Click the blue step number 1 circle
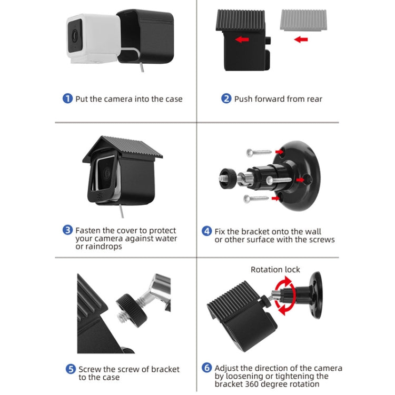pyautogui.click(x=67, y=98)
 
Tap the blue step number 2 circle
pyautogui.click(x=226, y=98)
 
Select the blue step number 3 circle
pyautogui.click(x=67, y=230)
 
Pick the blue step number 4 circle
pyautogui.click(x=207, y=231)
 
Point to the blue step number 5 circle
pyautogui.click(x=70, y=369)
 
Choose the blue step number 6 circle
pyautogui.click(x=207, y=368)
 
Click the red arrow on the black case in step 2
pyautogui.click(x=242, y=39)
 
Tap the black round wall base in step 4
pyautogui.click(x=298, y=174)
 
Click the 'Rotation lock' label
pyautogui.click(x=275, y=270)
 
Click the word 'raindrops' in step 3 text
pyautogui.click(x=104, y=246)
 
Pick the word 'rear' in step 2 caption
pyautogui.click(x=312, y=99)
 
